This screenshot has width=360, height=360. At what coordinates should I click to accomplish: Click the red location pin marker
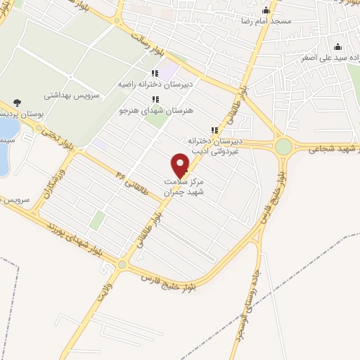click(181, 166)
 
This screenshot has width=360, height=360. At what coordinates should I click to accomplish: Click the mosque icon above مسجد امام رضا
click(265, 11)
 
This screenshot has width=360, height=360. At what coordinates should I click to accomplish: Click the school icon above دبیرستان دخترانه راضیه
click(155, 72)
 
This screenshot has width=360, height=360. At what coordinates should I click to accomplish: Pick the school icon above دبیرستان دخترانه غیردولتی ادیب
click(214, 130)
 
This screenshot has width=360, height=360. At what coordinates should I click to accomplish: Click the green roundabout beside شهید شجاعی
click(283, 146)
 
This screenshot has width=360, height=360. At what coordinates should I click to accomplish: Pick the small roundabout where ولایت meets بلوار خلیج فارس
click(123, 264)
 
